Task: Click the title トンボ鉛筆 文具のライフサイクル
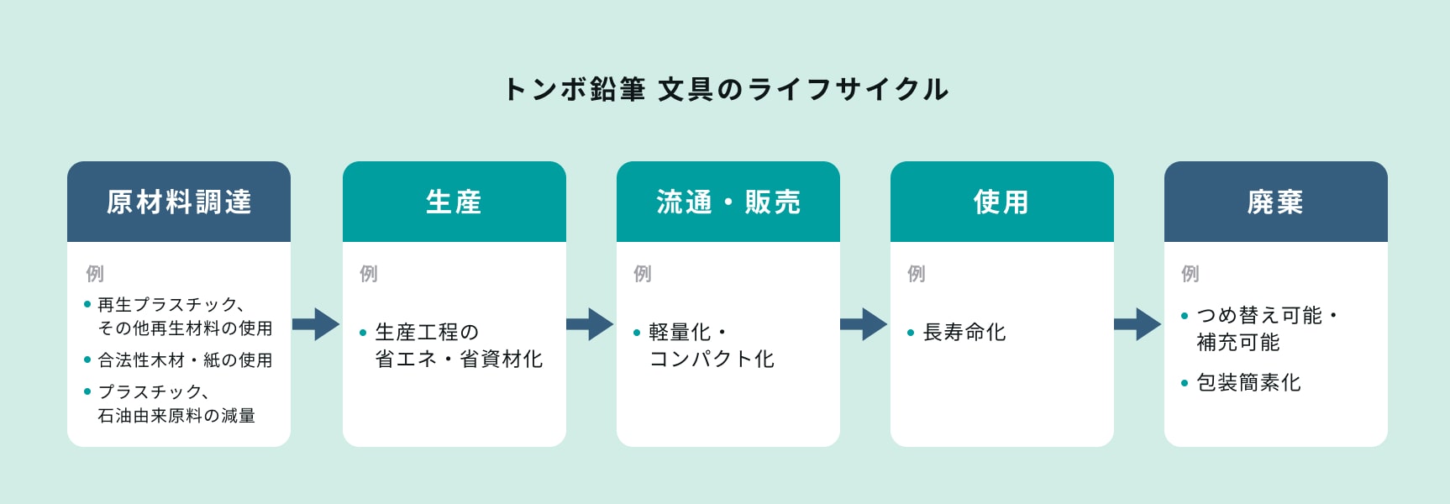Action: (726, 89)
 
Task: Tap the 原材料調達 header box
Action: (179, 202)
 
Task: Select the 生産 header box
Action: (454, 202)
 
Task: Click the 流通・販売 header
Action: (728, 202)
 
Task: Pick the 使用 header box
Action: (1002, 202)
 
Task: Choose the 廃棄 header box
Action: (1276, 202)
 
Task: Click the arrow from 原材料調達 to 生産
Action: (316, 324)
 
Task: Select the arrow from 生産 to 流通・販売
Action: (590, 324)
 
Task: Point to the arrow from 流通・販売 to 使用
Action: (864, 324)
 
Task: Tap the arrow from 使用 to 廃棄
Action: (1137, 324)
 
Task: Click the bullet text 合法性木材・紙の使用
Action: (186, 360)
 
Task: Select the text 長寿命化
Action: (964, 333)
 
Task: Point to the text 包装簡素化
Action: (1248, 383)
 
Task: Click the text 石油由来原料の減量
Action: (176, 416)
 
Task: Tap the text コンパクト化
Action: (712, 360)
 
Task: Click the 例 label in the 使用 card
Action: (917, 274)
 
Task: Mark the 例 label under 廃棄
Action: (1190, 274)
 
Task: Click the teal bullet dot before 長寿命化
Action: (911, 333)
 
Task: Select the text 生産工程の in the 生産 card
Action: (428, 333)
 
